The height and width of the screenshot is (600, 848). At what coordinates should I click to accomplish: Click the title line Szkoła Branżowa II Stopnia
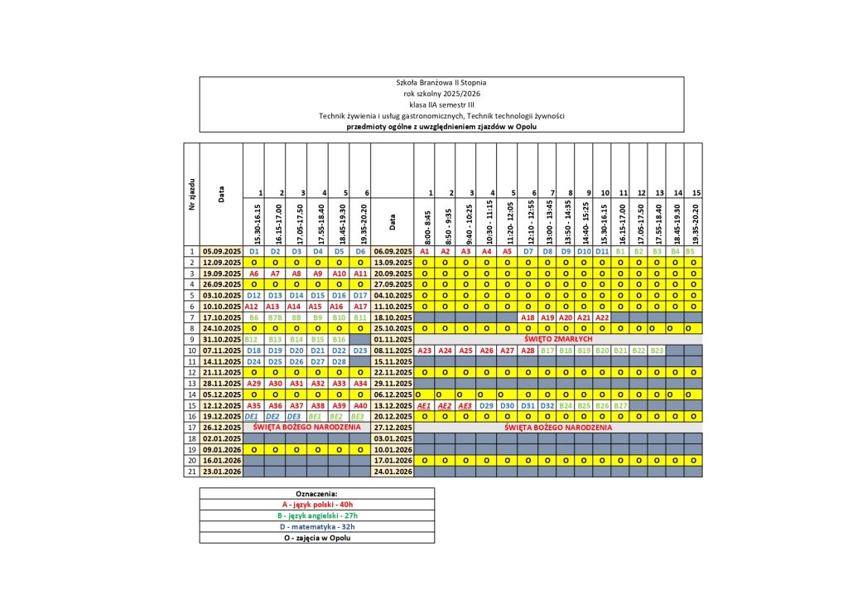tap(441, 83)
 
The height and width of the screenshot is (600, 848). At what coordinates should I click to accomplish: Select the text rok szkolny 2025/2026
tap(441, 94)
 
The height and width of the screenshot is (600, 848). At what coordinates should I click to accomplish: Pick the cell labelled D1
tap(254, 251)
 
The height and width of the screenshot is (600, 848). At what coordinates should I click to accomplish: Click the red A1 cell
tap(424, 251)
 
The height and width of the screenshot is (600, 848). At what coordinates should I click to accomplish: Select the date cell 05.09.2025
tap(221, 251)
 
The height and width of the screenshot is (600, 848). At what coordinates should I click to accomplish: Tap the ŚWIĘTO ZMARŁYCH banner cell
tap(558, 339)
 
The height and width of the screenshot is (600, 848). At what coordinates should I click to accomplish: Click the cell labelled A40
tap(360, 406)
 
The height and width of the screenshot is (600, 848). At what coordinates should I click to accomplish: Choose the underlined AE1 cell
tap(424, 406)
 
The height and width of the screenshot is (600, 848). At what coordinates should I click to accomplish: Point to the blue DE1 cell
tap(253, 417)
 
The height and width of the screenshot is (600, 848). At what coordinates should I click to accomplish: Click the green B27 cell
tap(620, 406)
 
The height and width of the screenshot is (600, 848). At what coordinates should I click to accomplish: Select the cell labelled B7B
tap(275, 317)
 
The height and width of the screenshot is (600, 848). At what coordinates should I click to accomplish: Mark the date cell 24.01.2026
tap(393, 472)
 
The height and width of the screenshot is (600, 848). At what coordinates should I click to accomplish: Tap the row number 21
tap(191, 472)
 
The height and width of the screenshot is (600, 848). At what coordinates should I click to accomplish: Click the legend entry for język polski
tap(316, 504)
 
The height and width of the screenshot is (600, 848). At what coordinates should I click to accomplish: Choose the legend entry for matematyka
tap(316, 526)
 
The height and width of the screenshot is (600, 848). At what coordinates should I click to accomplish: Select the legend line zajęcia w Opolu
tap(316, 538)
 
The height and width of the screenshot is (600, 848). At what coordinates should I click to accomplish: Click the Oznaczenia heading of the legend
tap(316, 493)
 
